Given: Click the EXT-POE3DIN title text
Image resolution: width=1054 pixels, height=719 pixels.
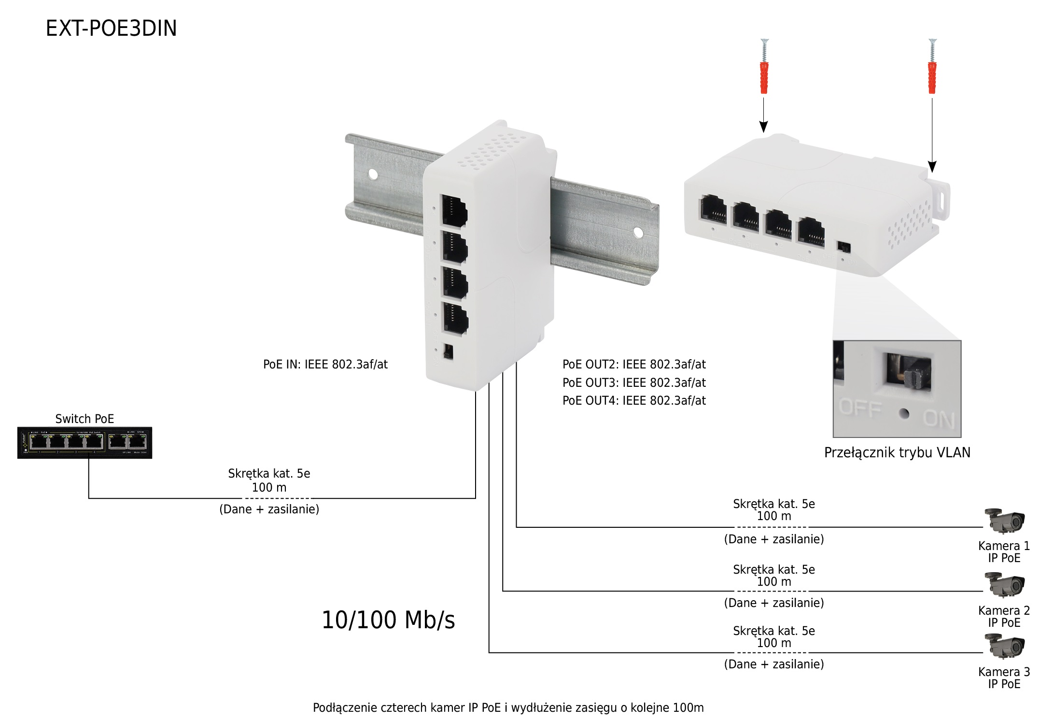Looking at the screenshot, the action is click(111, 28).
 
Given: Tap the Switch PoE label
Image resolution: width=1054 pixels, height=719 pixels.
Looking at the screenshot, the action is click(84, 419).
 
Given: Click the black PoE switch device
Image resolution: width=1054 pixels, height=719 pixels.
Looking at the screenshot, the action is click(84, 443).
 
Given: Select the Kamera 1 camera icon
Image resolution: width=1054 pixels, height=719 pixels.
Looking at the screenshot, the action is click(1004, 521).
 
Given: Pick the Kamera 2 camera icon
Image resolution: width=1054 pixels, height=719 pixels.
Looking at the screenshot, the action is click(1004, 585).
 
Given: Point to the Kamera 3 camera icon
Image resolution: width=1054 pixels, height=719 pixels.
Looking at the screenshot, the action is click(1004, 646).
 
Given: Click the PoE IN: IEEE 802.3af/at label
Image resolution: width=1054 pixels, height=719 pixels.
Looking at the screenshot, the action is click(325, 365).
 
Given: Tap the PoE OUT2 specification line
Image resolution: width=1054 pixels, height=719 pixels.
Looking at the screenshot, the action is click(634, 365).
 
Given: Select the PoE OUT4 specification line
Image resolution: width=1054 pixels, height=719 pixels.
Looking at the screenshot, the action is click(634, 401).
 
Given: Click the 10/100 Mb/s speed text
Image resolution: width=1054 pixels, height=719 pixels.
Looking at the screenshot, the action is click(388, 620).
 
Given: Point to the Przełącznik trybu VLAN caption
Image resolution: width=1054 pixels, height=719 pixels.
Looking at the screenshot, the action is click(897, 453).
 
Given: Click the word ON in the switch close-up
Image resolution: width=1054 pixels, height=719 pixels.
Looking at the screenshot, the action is click(939, 419).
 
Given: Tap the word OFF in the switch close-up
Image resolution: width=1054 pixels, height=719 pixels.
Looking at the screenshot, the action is click(861, 408).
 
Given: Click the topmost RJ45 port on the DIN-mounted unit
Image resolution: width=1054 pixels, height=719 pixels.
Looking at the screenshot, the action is click(454, 211).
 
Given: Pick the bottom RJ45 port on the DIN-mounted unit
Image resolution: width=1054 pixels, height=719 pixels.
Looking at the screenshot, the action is click(455, 318).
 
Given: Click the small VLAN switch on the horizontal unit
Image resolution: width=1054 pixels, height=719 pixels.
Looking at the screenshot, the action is click(844, 247).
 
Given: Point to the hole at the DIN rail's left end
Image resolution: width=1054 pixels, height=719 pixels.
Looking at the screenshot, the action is click(373, 174).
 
